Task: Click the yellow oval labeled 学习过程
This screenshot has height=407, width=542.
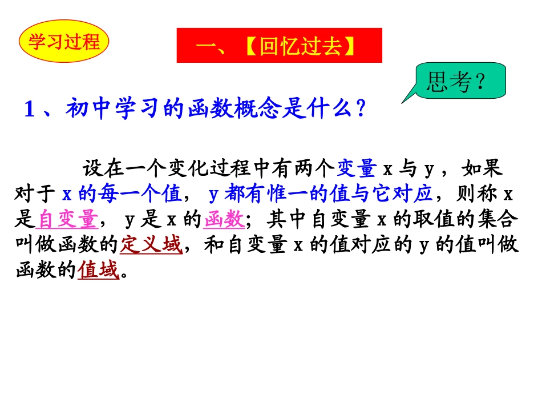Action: (64, 42)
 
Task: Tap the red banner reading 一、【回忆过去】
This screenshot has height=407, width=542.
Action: (279, 46)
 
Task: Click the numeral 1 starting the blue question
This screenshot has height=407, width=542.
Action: (30, 108)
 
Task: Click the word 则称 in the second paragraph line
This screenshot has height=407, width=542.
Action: (478, 195)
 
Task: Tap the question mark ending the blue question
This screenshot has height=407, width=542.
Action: (360, 108)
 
